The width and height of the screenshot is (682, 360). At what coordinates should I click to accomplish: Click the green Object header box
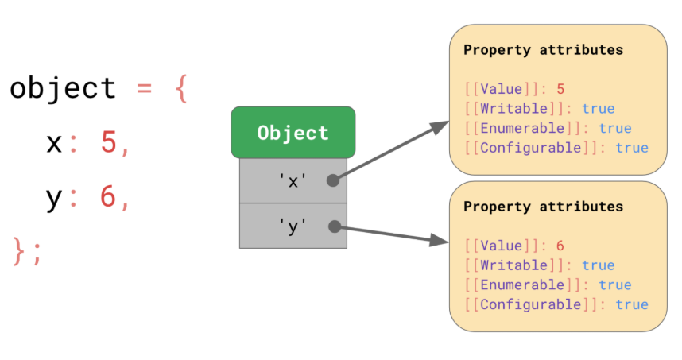tap(293, 132)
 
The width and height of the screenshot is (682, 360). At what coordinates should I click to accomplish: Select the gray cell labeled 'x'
tap(293, 180)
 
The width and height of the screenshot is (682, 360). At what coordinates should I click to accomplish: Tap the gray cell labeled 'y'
tap(293, 226)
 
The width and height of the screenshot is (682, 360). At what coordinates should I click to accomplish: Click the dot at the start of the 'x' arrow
tap(333, 180)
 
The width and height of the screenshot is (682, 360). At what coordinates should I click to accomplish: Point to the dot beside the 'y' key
tap(335, 226)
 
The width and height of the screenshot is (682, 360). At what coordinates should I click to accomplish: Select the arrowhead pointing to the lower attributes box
tap(439, 240)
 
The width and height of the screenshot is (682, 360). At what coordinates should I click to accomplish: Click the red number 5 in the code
tap(108, 142)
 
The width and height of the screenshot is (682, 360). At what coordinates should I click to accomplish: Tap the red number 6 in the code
tap(108, 196)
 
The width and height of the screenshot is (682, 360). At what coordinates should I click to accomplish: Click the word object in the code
tap(63, 89)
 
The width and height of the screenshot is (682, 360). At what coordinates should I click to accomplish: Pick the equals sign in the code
tap(145, 89)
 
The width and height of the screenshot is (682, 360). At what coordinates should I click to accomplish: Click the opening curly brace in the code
tap(181, 89)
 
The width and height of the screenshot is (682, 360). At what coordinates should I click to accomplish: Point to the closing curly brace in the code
tap(19, 251)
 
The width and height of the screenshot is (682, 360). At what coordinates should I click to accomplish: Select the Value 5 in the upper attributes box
tap(560, 89)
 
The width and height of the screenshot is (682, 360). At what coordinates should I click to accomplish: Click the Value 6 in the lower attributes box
tap(560, 246)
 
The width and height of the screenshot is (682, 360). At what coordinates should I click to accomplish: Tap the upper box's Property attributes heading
tap(543, 50)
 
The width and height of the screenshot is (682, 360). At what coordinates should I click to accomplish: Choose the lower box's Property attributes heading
tap(543, 207)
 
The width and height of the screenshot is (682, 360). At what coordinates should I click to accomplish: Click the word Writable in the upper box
tap(514, 108)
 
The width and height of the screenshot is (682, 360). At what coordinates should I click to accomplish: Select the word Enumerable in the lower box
tap(522, 285)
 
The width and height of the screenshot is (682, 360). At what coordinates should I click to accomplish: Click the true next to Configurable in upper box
tap(632, 148)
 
